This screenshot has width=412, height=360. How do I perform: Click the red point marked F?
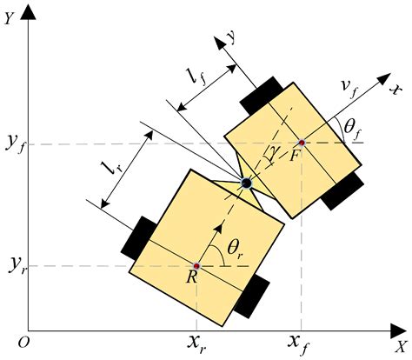tap(302, 142)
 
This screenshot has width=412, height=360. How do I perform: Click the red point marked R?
tap(197, 265)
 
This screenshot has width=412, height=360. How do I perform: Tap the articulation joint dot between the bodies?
tap(246, 183)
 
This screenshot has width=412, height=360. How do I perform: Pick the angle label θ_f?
tap(351, 130)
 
